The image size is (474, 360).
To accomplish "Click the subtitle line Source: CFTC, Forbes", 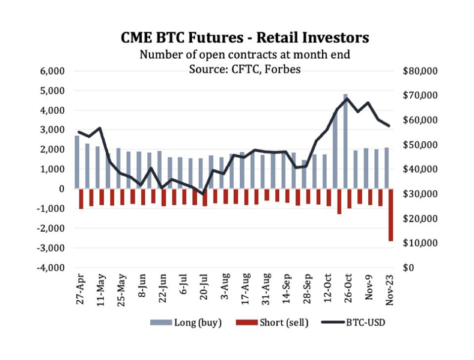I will (x=245, y=69).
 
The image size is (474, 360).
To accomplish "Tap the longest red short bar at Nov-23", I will (x=390, y=215).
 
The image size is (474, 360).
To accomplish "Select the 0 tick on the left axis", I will (x=61, y=189).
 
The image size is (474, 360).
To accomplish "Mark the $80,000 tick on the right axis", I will (x=420, y=71).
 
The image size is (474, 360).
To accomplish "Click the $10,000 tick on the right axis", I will (x=420, y=243).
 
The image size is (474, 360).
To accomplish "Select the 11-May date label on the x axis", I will (x=100, y=290).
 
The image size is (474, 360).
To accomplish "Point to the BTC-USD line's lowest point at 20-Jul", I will (x=203, y=194).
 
